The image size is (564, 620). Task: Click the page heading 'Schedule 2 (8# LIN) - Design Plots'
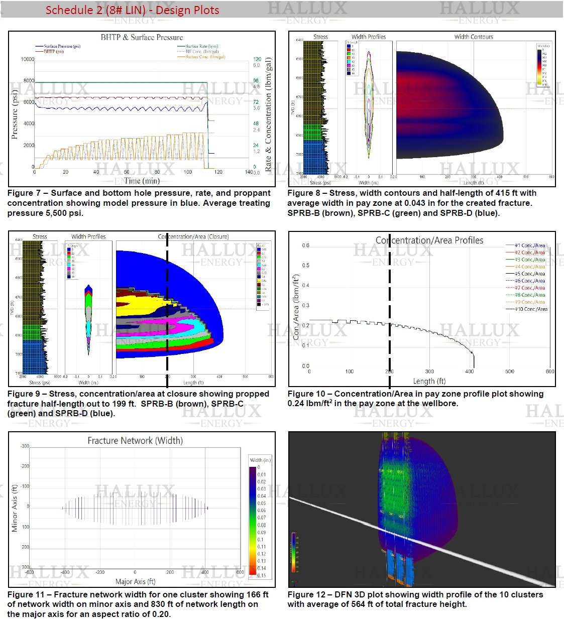click(x=132, y=10)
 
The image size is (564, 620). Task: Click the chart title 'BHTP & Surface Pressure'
click(x=142, y=37)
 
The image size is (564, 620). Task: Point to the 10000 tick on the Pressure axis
click(x=28, y=59)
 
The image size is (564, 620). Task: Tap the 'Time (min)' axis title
click(x=142, y=181)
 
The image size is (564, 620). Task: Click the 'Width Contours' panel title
click(x=474, y=37)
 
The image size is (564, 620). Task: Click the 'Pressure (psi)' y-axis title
click(x=15, y=114)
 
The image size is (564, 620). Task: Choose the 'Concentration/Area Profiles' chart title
click(x=429, y=240)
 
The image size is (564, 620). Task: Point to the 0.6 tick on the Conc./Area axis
click(x=306, y=245)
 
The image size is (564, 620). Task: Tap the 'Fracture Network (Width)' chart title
click(x=135, y=441)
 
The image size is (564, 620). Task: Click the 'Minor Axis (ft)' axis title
click(x=15, y=508)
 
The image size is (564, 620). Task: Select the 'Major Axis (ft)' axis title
click(x=135, y=581)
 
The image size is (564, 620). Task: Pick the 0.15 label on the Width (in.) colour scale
click(x=262, y=575)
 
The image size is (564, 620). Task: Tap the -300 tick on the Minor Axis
click(x=25, y=446)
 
